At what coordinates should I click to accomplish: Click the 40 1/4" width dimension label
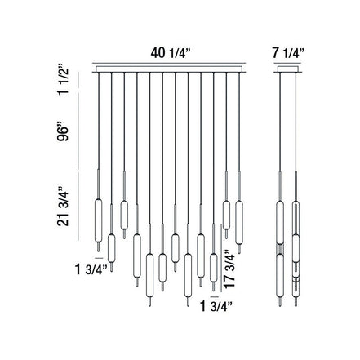[171, 53]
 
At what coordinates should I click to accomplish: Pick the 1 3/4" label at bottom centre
[216, 308]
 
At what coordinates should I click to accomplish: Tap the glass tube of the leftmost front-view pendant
[97, 218]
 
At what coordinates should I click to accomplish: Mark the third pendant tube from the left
[124, 214]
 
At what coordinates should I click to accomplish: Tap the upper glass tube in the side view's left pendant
[280, 218]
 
